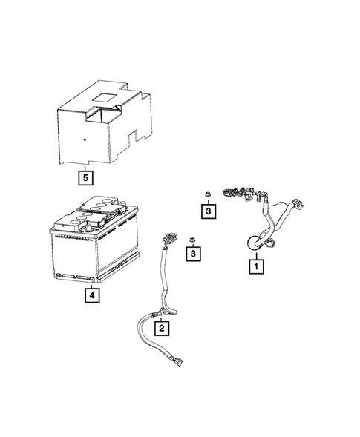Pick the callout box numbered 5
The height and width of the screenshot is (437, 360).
click(86, 178)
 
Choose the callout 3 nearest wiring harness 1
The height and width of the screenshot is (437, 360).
click(210, 212)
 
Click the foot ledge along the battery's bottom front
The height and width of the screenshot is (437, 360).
click(74, 277)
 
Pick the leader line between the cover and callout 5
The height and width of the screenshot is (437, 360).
click(86, 168)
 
